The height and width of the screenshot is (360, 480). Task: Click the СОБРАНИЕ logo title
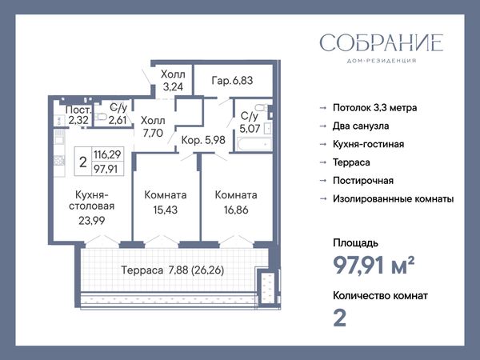382,43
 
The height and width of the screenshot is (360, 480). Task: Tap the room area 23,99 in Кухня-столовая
91,221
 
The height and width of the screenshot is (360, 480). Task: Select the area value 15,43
166,210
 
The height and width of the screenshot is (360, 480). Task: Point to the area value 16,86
236,210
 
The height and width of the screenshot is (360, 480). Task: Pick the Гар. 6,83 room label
232,81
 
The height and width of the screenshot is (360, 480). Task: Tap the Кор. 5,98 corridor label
203,140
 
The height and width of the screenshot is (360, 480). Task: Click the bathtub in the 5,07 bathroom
254,144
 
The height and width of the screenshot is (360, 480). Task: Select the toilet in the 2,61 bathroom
101,116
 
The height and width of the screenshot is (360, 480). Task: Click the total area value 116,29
107,154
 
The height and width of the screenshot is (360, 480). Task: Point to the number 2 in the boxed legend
83,162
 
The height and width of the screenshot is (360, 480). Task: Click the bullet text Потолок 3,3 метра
374,108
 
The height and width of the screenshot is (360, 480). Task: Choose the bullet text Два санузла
361,126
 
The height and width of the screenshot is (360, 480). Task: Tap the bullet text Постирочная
363,181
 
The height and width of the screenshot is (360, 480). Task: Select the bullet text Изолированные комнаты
394,199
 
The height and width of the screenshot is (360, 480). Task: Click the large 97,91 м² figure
374,266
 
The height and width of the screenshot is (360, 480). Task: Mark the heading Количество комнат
380,296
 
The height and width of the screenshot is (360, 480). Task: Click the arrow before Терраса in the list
323,162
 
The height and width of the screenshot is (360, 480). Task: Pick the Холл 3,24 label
173,81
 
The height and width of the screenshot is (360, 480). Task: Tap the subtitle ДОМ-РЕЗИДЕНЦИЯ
382,61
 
